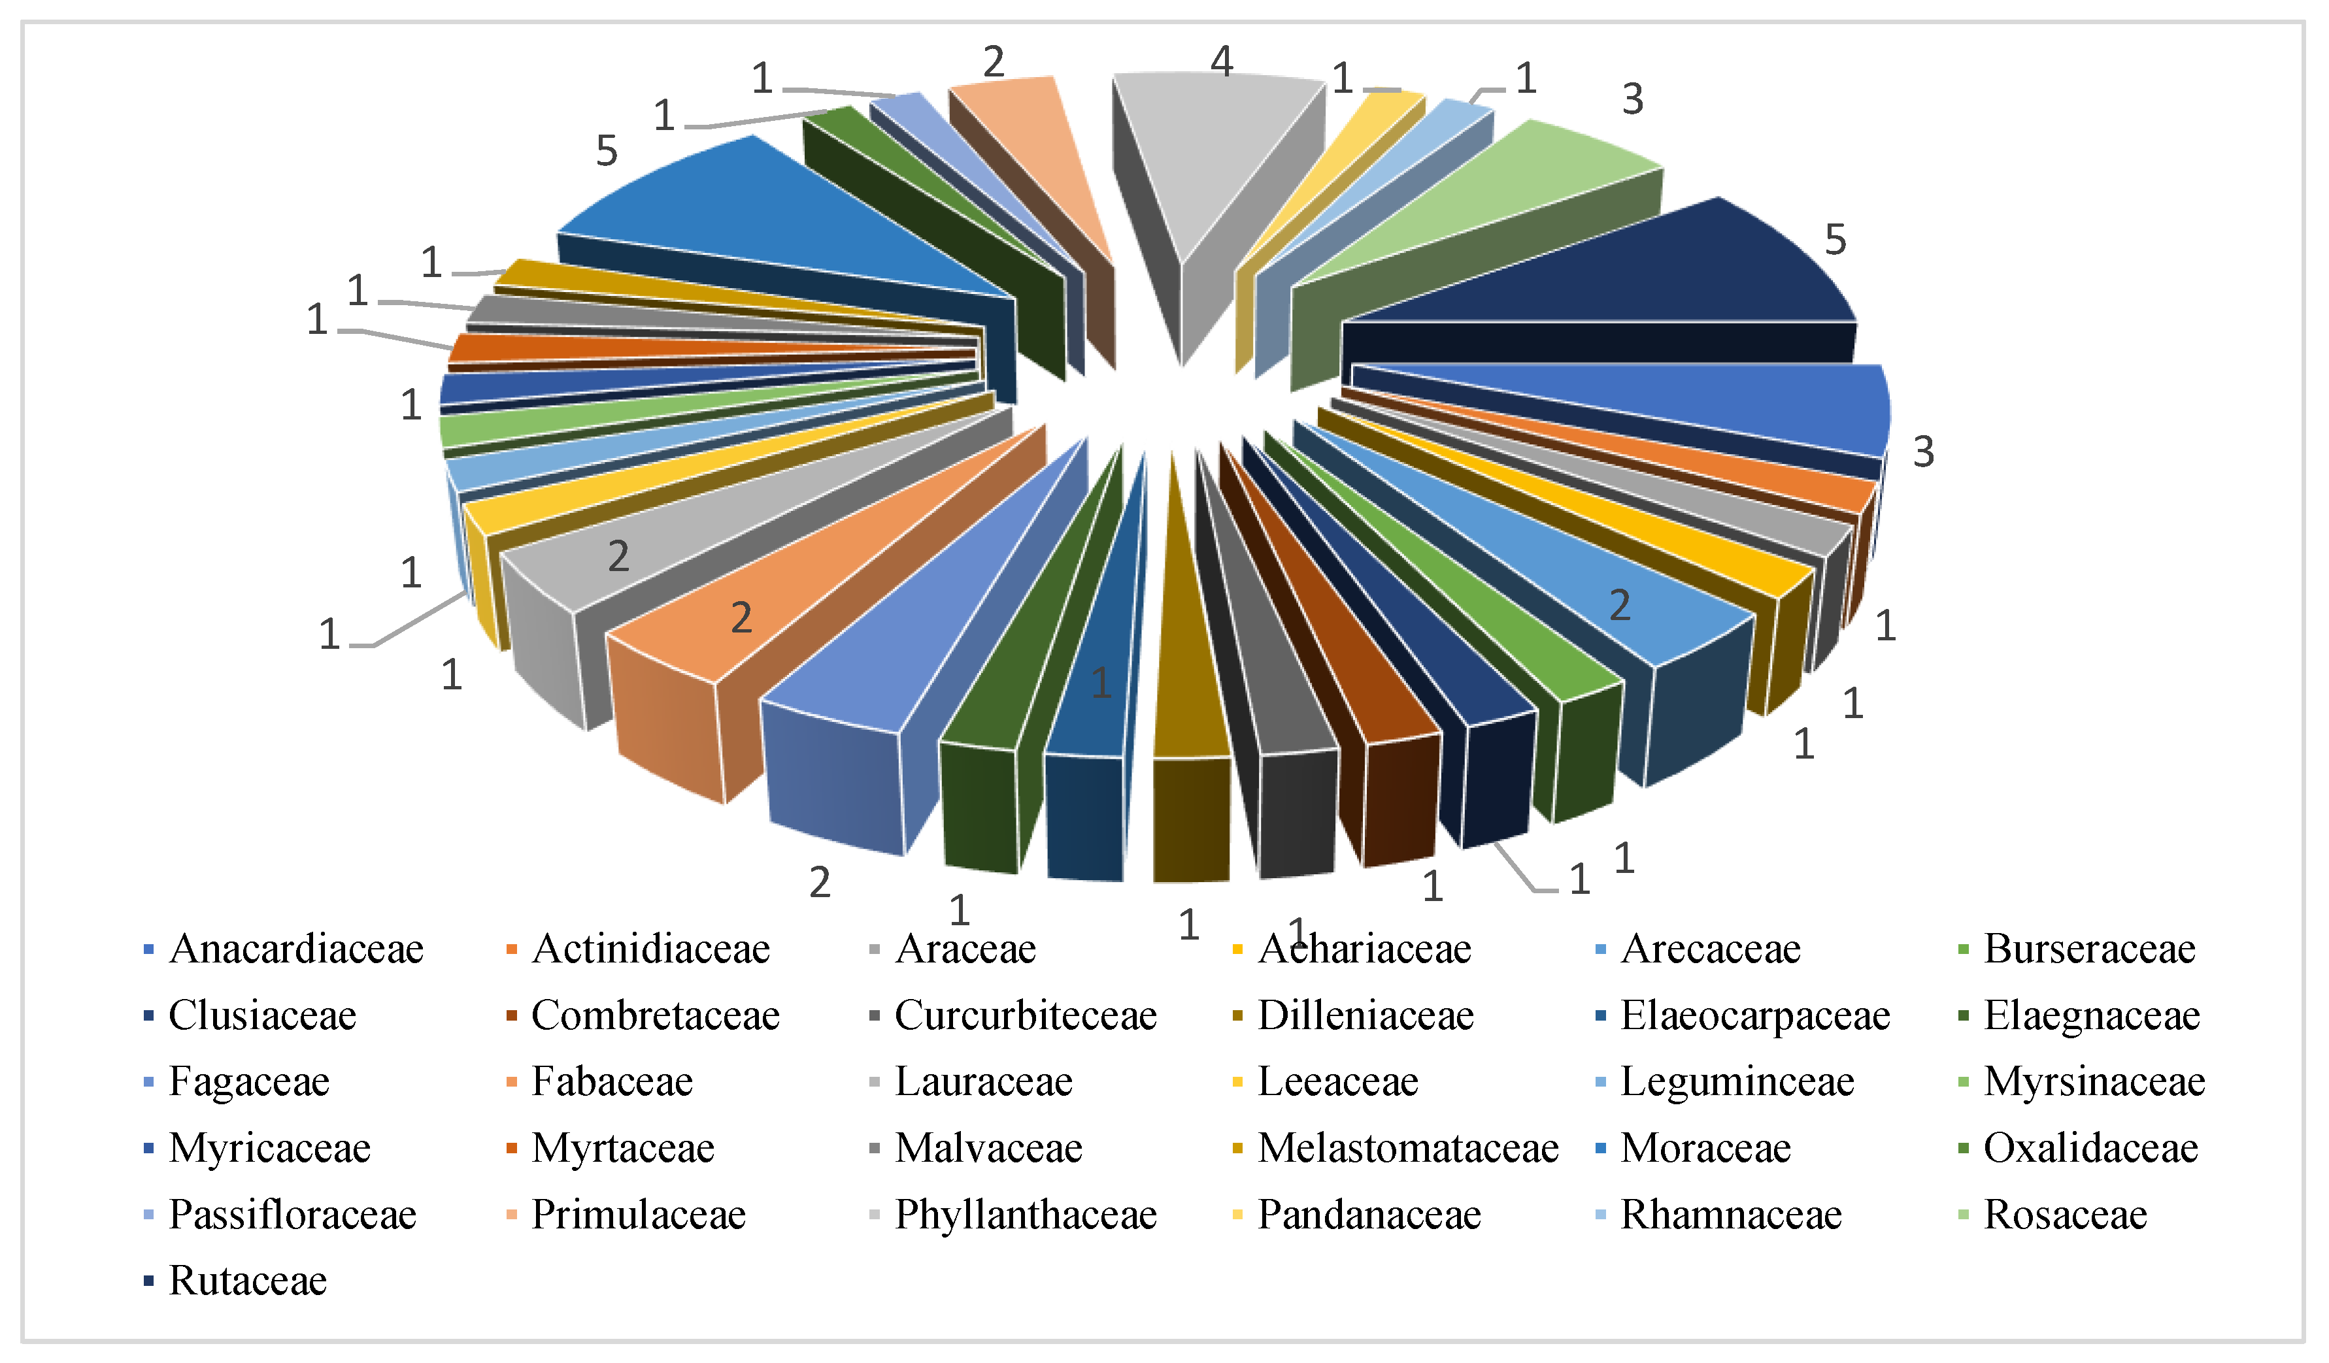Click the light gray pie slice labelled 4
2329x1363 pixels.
(x=1211, y=148)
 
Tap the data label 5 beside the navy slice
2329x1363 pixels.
(x=1835, y=240)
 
